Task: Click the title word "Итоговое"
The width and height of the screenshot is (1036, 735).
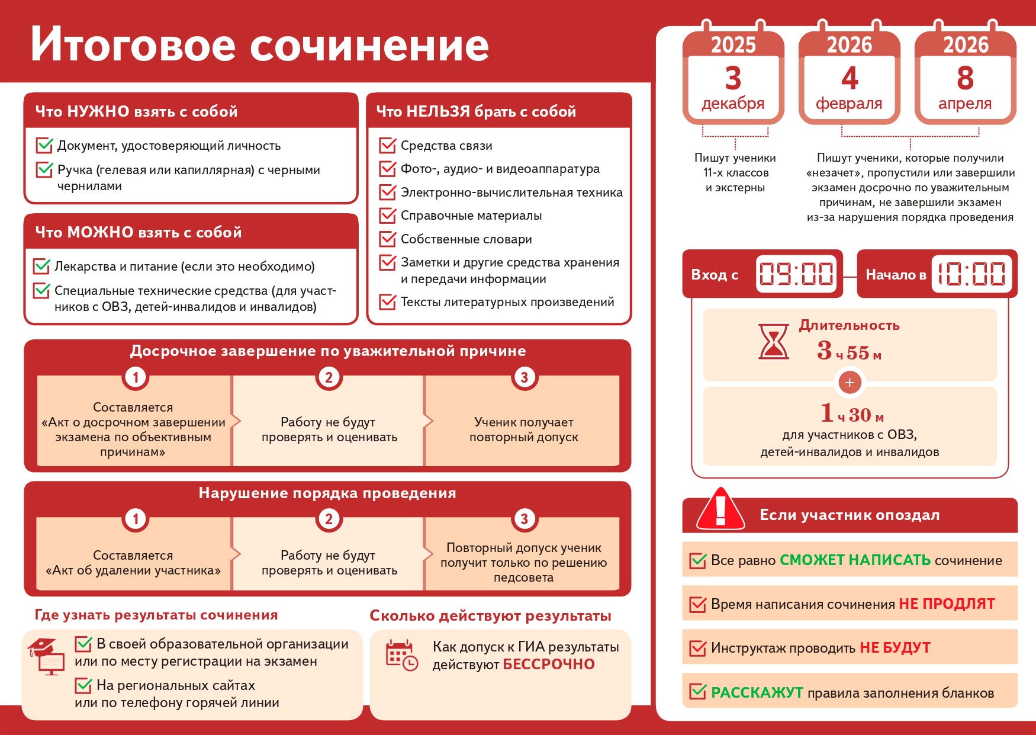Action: point(133,44)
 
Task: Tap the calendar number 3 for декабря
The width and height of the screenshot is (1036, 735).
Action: point(733,78)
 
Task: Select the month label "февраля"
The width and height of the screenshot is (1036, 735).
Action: point(849,104)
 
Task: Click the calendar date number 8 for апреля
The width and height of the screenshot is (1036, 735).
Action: point(965,78)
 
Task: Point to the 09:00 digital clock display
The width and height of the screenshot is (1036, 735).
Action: point(796,274)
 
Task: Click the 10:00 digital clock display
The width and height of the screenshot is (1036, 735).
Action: point(971,274)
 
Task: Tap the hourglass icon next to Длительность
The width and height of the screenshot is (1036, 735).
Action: point(773,342)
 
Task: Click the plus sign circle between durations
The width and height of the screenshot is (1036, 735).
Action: point(850,383)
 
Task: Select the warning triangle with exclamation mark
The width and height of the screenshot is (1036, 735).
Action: point(720,509)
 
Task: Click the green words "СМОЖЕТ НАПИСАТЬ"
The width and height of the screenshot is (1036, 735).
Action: point(855,560)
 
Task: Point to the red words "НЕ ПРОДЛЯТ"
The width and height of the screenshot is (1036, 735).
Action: point(947,604)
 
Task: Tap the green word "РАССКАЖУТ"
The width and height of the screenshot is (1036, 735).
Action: point(757,692)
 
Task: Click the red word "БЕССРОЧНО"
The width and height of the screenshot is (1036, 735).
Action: point(549,665)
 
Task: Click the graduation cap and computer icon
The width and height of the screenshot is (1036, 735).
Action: point(47,656)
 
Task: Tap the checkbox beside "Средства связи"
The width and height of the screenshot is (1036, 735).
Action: point(388,145)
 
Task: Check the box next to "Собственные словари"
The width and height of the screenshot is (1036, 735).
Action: point(388,239)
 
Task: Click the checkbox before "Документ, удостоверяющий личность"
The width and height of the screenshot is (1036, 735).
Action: point(45,145)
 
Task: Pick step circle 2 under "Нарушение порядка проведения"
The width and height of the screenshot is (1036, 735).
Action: point(329,519)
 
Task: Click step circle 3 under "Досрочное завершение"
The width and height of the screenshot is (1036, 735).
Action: point(524,377)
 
